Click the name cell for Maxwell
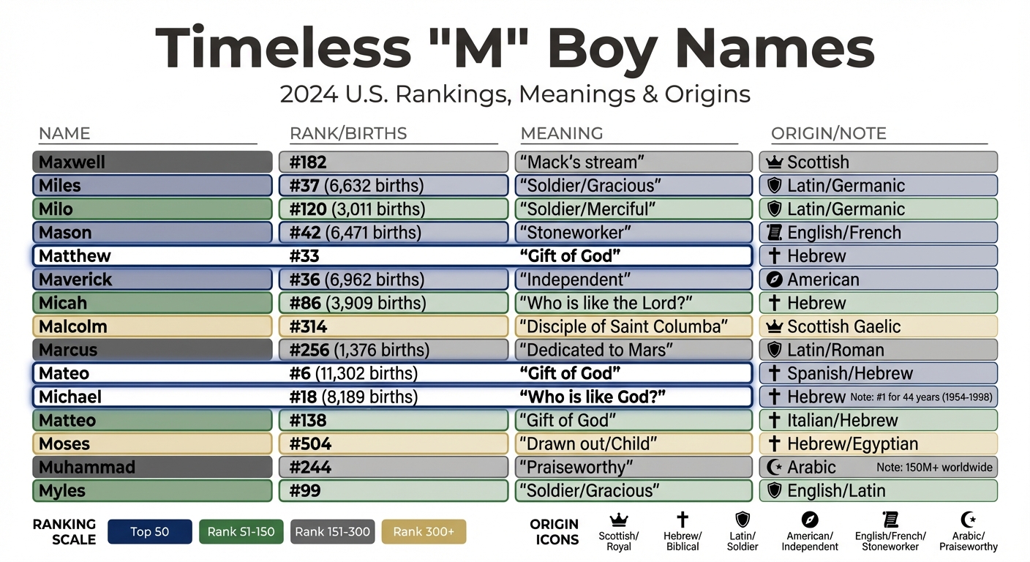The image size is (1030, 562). click(x=151, y=162)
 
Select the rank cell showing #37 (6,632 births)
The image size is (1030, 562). click(x=393, y=185)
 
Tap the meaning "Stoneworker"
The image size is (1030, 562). click(x=634, y=233)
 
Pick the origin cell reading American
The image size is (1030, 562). click(x=878, y=280)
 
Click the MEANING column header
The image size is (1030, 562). click(x=562, y=133)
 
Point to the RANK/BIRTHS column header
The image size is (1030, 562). click(x=348, y=133)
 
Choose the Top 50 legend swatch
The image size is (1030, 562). click(x=150, y=532)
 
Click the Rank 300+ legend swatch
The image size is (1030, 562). click(x=424, y=532)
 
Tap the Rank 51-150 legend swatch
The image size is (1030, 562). click(x=241, y=532)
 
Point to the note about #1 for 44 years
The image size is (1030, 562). click(x=922, y=397)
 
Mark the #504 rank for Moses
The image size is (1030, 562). click(x=311, y=443)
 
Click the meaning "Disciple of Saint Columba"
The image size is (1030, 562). click(x=634, y=326)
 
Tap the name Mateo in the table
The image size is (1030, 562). click(x=64, y=373)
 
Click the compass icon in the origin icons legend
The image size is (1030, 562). click(x=809, y=520)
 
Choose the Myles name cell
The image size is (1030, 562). click(x=151, y=490)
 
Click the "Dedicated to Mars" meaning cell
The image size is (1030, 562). click(x=634, y=350)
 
